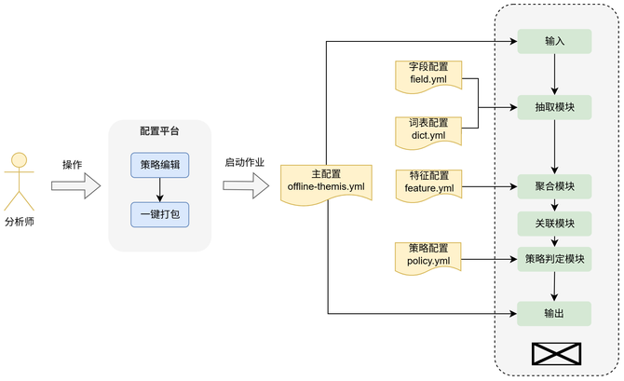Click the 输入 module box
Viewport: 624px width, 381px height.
pos(555,41)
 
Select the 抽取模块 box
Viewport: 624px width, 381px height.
pos(555,107)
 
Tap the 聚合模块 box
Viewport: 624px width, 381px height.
pos(555,186)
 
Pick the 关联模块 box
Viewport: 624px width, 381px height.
pos(555,224)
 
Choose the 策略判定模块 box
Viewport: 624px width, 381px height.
pos(555,259)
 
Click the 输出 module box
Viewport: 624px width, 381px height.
pos(555,313)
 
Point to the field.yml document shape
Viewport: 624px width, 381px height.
pos(428,75)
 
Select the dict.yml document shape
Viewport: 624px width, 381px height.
pos(428,130)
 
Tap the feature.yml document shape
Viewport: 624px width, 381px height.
pos(428,183)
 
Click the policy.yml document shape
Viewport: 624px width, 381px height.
pos(428,255)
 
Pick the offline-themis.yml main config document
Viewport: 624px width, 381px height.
pos(327,182)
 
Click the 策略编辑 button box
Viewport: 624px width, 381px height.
pos(160,165)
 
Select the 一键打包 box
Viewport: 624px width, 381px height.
pos(160,215)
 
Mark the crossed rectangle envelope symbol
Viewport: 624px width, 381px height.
pos(555,354)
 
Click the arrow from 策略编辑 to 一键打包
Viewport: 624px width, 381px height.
pos(160,190)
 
